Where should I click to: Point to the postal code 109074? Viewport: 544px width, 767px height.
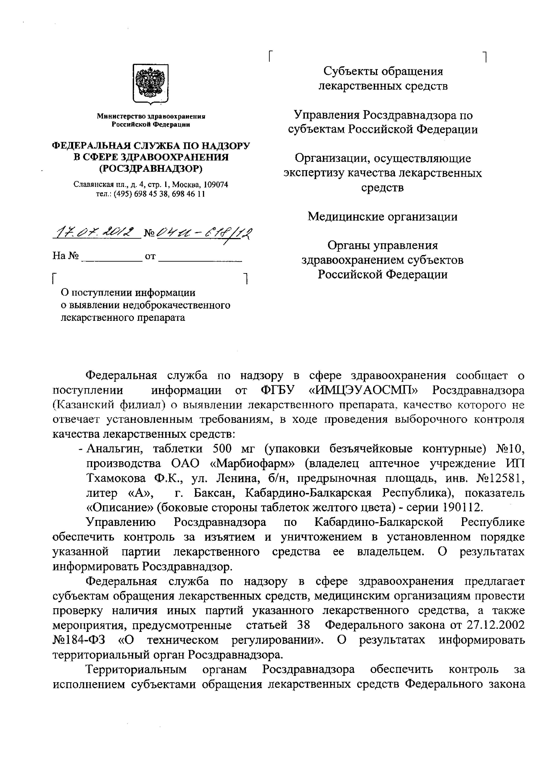coord(216,185)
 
